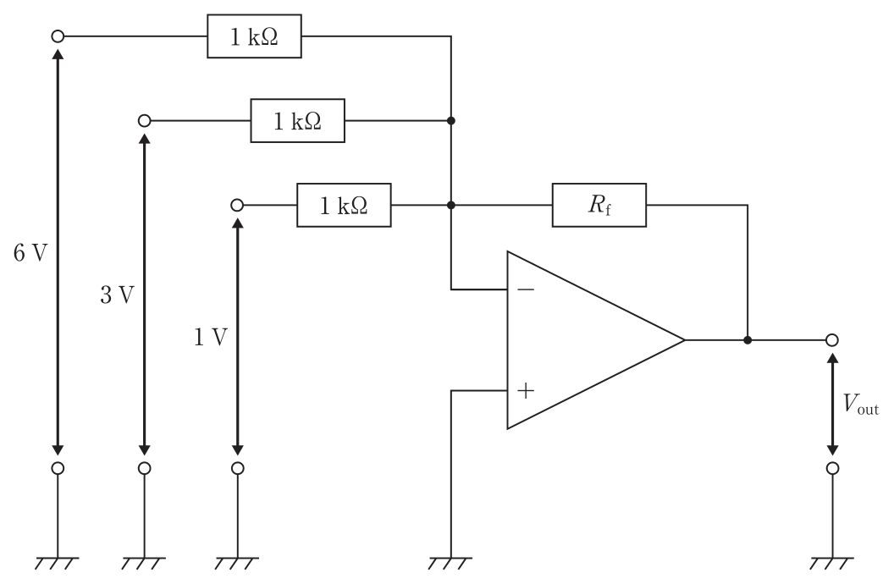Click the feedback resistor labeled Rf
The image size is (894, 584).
click(x=599, y=205)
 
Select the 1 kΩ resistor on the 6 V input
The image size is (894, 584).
click(x=254, y=36)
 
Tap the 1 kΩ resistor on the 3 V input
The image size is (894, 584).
click(x=298, y=121)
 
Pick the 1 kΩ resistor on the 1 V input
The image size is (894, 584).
click(x=344, y=205)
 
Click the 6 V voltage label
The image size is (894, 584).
click(x=30, y=252)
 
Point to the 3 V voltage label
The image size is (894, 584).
click(x=117, y=295)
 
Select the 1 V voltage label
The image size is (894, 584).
click(x=211, y=338)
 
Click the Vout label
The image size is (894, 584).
click(x=861, y=404)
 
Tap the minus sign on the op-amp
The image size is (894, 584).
click(x=526, y=290)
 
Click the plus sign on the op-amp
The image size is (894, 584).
click(x=526, y=391)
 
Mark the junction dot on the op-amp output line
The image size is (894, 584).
click(x=748, y=340)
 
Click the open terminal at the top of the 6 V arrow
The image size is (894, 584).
click(x=58, y=36)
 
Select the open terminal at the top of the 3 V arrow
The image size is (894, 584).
click(x=144, y=121)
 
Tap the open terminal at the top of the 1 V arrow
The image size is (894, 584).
click(x=237, y=205)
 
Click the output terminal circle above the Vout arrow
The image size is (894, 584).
click(x=832, y=340)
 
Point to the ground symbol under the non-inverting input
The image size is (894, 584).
click(x=451, y=563)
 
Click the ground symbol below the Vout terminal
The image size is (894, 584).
click(x=832, y=563)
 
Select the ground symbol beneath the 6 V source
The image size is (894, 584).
click(x=58, y=563)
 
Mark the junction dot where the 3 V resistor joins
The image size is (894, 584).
click(x=451, y=121)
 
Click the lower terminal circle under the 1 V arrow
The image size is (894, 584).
click(x=237, y=468)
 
